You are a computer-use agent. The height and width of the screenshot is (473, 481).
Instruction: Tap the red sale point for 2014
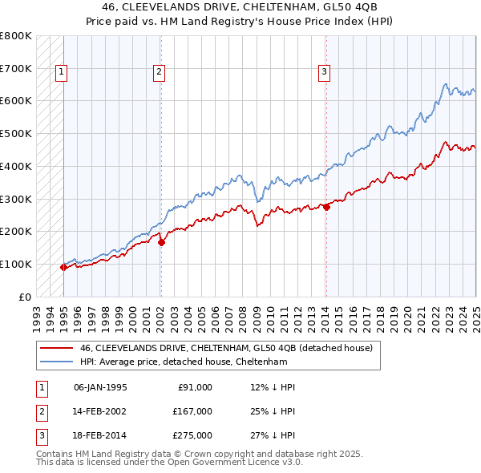click(326, 207)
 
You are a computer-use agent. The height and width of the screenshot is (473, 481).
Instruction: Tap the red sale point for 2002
click(161, 242)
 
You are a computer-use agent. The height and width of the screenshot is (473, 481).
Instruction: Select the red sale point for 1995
click(63, 267)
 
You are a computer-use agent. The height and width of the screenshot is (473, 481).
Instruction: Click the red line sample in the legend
click(56, 349)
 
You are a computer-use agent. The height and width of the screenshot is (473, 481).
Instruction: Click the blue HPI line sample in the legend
click(56, 362)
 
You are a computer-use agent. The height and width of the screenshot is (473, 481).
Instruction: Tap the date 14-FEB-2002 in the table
click(100, 411)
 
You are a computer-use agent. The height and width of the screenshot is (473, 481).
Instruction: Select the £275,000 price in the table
click(192, 435)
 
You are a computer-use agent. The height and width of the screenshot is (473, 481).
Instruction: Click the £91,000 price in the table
click(194, 387)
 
